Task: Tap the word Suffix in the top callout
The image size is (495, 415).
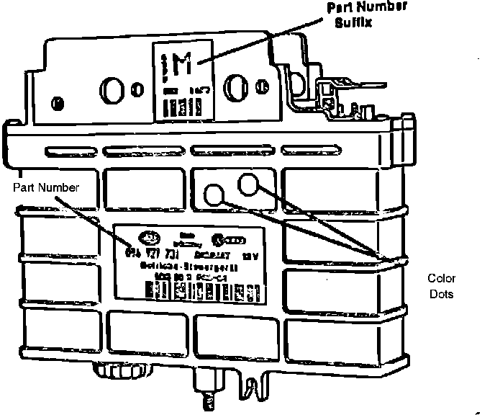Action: (355, 22)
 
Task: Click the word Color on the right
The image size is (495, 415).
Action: (442, 279)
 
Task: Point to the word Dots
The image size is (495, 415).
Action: (442, 295)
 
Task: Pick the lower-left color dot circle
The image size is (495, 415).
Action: (215, 194)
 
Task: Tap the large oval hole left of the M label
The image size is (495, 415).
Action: (114, 91)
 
